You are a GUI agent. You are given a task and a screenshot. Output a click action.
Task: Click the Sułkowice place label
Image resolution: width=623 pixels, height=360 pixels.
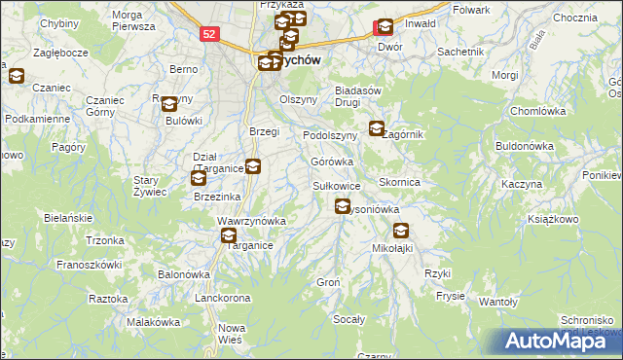337,185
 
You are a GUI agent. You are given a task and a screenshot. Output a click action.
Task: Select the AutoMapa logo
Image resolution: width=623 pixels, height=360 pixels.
562,340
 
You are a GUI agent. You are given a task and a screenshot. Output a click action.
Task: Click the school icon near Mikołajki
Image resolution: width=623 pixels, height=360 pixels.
401,231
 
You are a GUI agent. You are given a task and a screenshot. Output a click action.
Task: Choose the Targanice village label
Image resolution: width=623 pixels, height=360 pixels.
229,247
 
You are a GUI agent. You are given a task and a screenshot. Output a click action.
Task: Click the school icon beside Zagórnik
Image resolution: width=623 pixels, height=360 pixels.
378,126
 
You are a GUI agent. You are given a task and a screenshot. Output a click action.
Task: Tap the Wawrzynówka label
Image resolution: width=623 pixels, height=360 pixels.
251,221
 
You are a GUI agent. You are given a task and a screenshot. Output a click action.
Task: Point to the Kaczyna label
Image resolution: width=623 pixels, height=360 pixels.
521,183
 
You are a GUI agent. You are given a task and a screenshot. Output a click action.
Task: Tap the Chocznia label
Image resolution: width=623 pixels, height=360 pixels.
573,18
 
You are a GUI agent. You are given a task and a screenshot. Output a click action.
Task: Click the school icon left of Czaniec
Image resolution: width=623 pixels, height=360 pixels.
17,75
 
